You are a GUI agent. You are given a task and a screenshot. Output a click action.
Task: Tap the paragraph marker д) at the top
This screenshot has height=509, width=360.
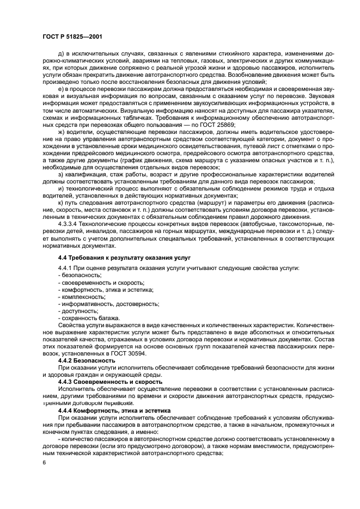click(x=60, y=53)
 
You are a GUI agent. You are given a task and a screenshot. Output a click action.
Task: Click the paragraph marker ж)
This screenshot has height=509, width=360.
click(x=61, y=131)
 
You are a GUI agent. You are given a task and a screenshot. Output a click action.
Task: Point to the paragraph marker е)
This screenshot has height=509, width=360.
click(x=60, y=89)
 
